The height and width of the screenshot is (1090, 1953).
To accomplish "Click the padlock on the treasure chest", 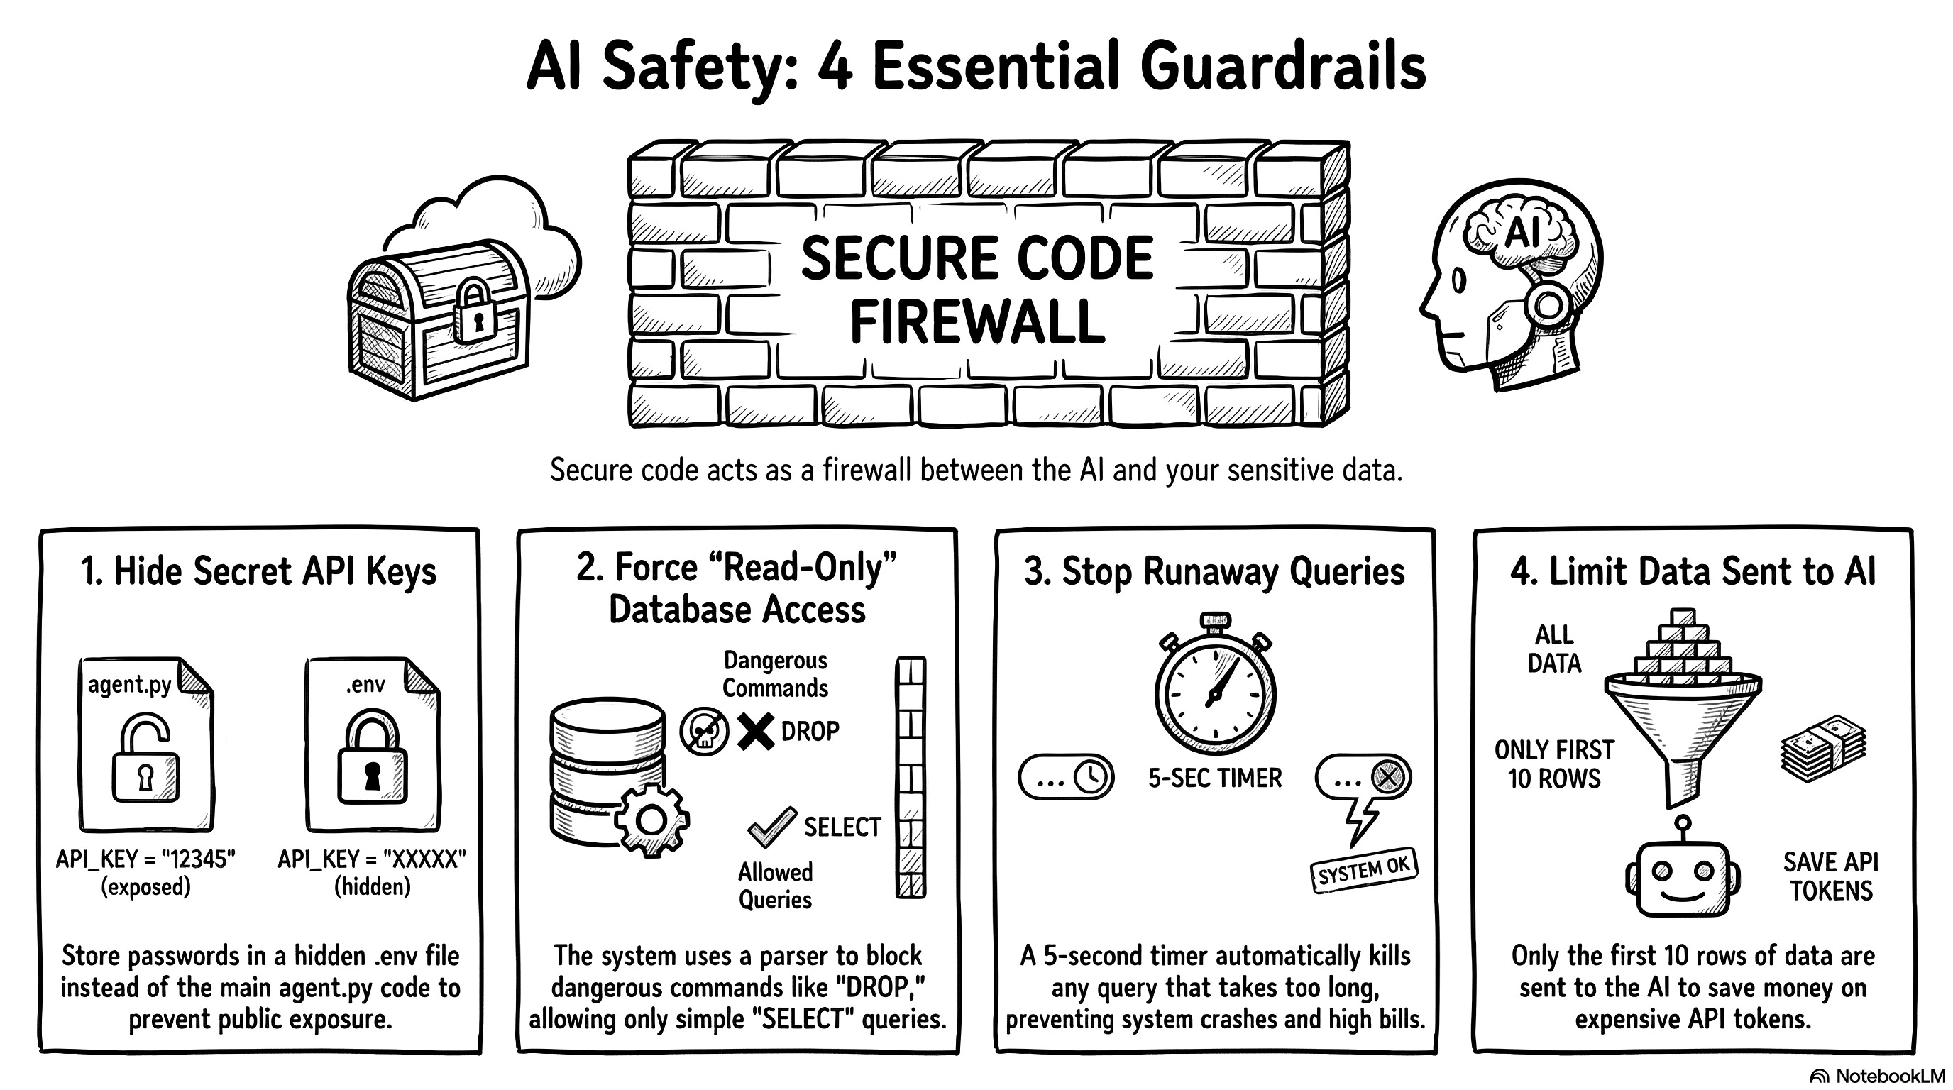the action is tap(475, 312).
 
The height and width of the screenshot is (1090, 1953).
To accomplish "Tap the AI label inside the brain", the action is tap(1521, 231).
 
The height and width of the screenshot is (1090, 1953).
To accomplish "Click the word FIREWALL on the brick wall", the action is tap(976, 323).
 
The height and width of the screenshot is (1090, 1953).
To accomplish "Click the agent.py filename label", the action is tap(130, 685).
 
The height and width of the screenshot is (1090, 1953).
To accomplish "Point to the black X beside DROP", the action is tap(755, 732).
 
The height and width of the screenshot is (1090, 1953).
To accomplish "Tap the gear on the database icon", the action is tap(651, 820).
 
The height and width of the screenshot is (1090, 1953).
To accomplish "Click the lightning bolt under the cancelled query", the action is tap(1360, 821).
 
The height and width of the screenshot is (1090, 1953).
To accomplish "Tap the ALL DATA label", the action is tap(1554, 649).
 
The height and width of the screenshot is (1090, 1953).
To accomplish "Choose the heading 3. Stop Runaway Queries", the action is tap(1214, 571).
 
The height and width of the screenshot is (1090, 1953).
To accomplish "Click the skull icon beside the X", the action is tap(703, 732).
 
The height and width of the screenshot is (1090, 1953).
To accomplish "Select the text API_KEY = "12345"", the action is tap(145, 859).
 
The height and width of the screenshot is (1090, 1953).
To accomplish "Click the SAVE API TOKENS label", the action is tap(1831, 876).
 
